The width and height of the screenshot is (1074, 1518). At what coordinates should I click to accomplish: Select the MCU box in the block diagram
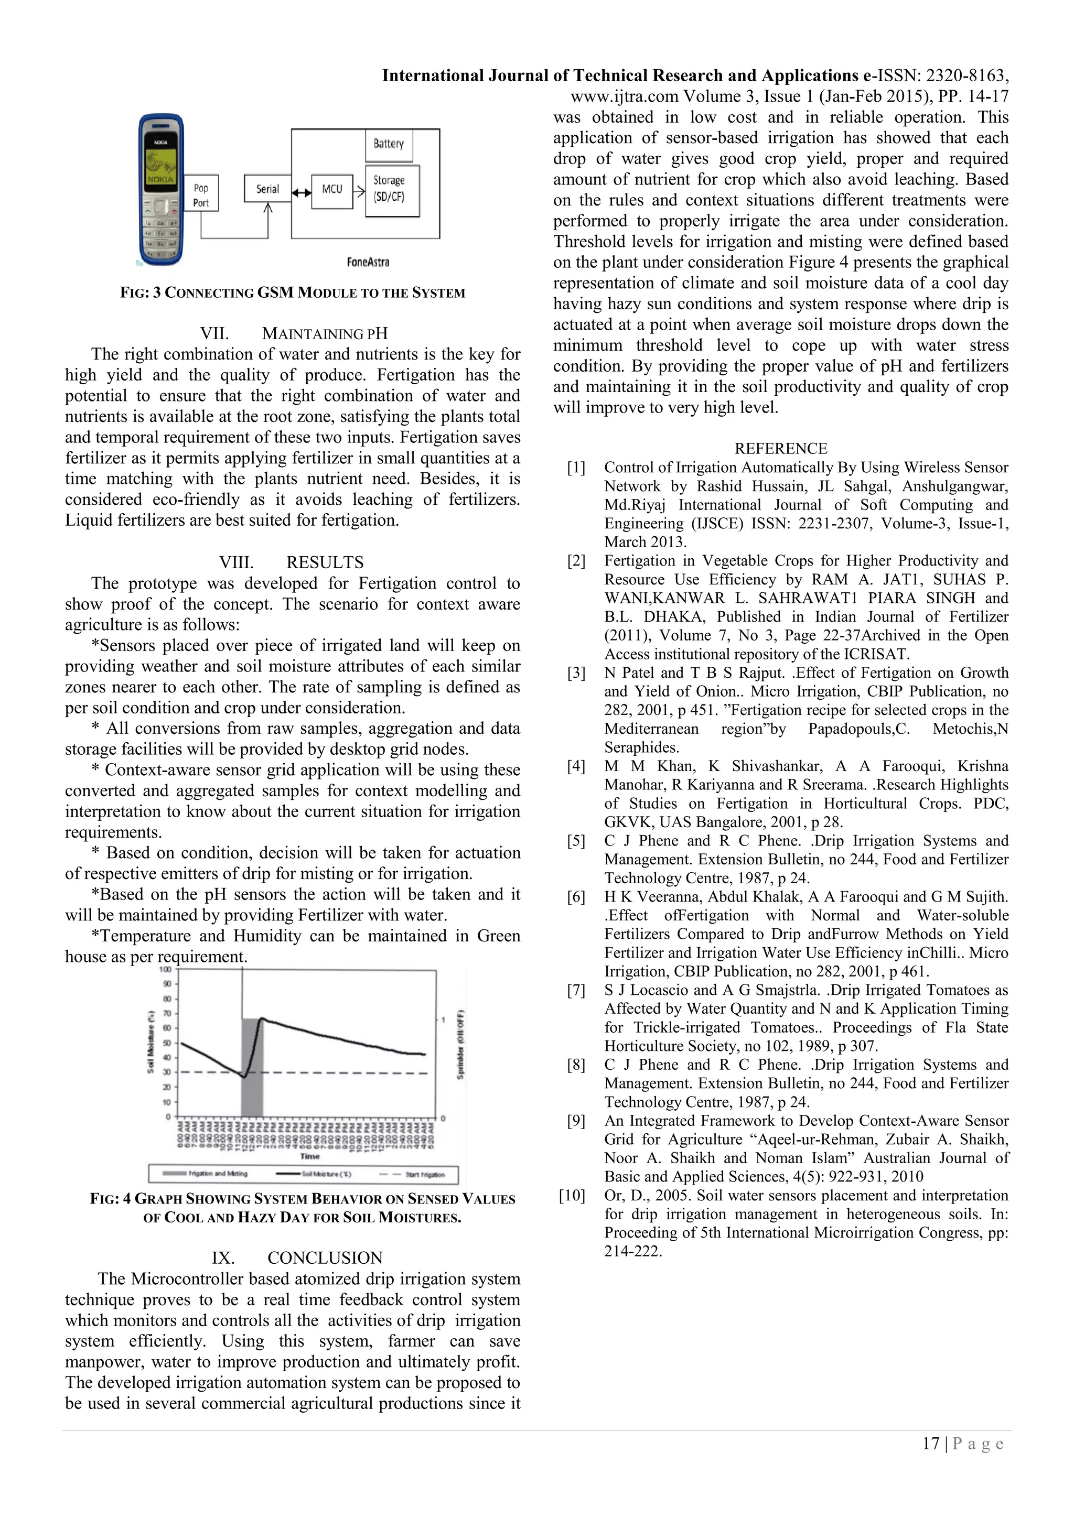(332, 190)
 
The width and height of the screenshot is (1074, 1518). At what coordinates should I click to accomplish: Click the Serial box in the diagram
(268, 189)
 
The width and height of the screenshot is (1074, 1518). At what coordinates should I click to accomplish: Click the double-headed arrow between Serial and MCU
(302, 193)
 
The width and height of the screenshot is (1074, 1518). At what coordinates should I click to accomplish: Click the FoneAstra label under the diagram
(368, 263)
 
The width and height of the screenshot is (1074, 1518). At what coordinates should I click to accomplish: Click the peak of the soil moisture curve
(262, 1019)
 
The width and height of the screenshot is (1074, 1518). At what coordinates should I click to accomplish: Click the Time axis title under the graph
(309, 1156)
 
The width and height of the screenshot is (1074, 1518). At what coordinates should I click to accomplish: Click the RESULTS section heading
(324, 562)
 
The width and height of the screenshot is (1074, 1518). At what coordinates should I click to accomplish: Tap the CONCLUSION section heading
(325, 1257)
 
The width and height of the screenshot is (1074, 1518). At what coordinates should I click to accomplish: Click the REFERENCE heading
(780, 448)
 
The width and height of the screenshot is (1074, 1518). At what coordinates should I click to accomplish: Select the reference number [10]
(572, 1195)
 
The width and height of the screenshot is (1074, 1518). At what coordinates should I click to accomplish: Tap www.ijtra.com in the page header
(624, 96)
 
